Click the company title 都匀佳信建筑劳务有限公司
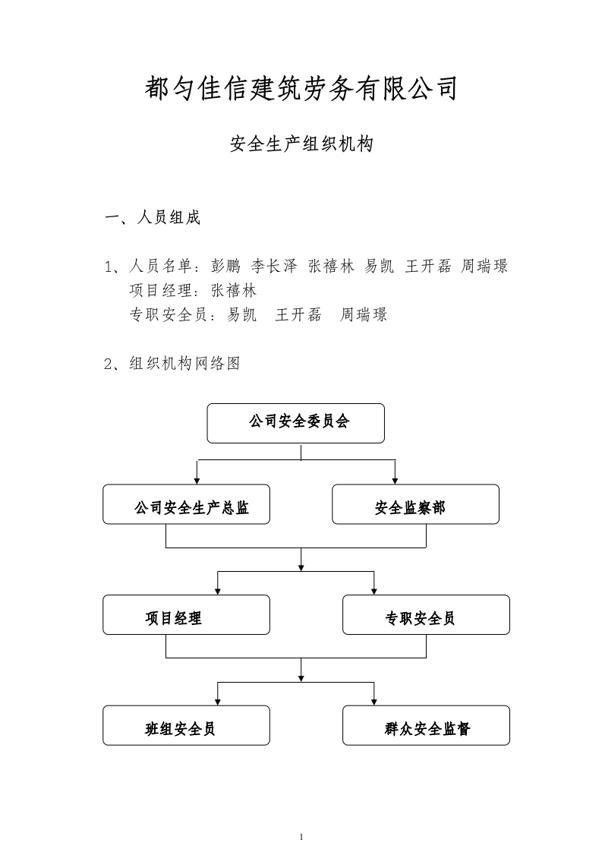[x=301, y=88]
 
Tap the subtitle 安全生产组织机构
[x=301, y=144]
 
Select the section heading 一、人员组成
[x=153, y=217]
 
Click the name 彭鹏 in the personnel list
[x=225, y=266]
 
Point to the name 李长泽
[x=274, y=266]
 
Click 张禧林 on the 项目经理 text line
[x=234, y=290]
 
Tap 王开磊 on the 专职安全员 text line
[x=298, y=314]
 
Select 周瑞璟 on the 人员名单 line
[x=484, y=266]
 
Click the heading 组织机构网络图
[x=184, y=363]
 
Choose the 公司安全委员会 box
[x=296, y=423]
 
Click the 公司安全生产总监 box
[x=186, y=504]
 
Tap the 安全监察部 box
[x=416, y=504]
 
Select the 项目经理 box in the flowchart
[x=186, y=614]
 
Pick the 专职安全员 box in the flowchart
[x=426, y=614]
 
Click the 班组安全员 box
[x=186, y=725]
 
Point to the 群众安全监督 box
[x=426, y=725]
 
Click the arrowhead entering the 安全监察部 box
[x=395, y=481]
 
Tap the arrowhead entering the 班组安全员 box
[x=218, y=702]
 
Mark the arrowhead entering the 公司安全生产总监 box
[x=197, y=481]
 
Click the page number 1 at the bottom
[x=301, y=837]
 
